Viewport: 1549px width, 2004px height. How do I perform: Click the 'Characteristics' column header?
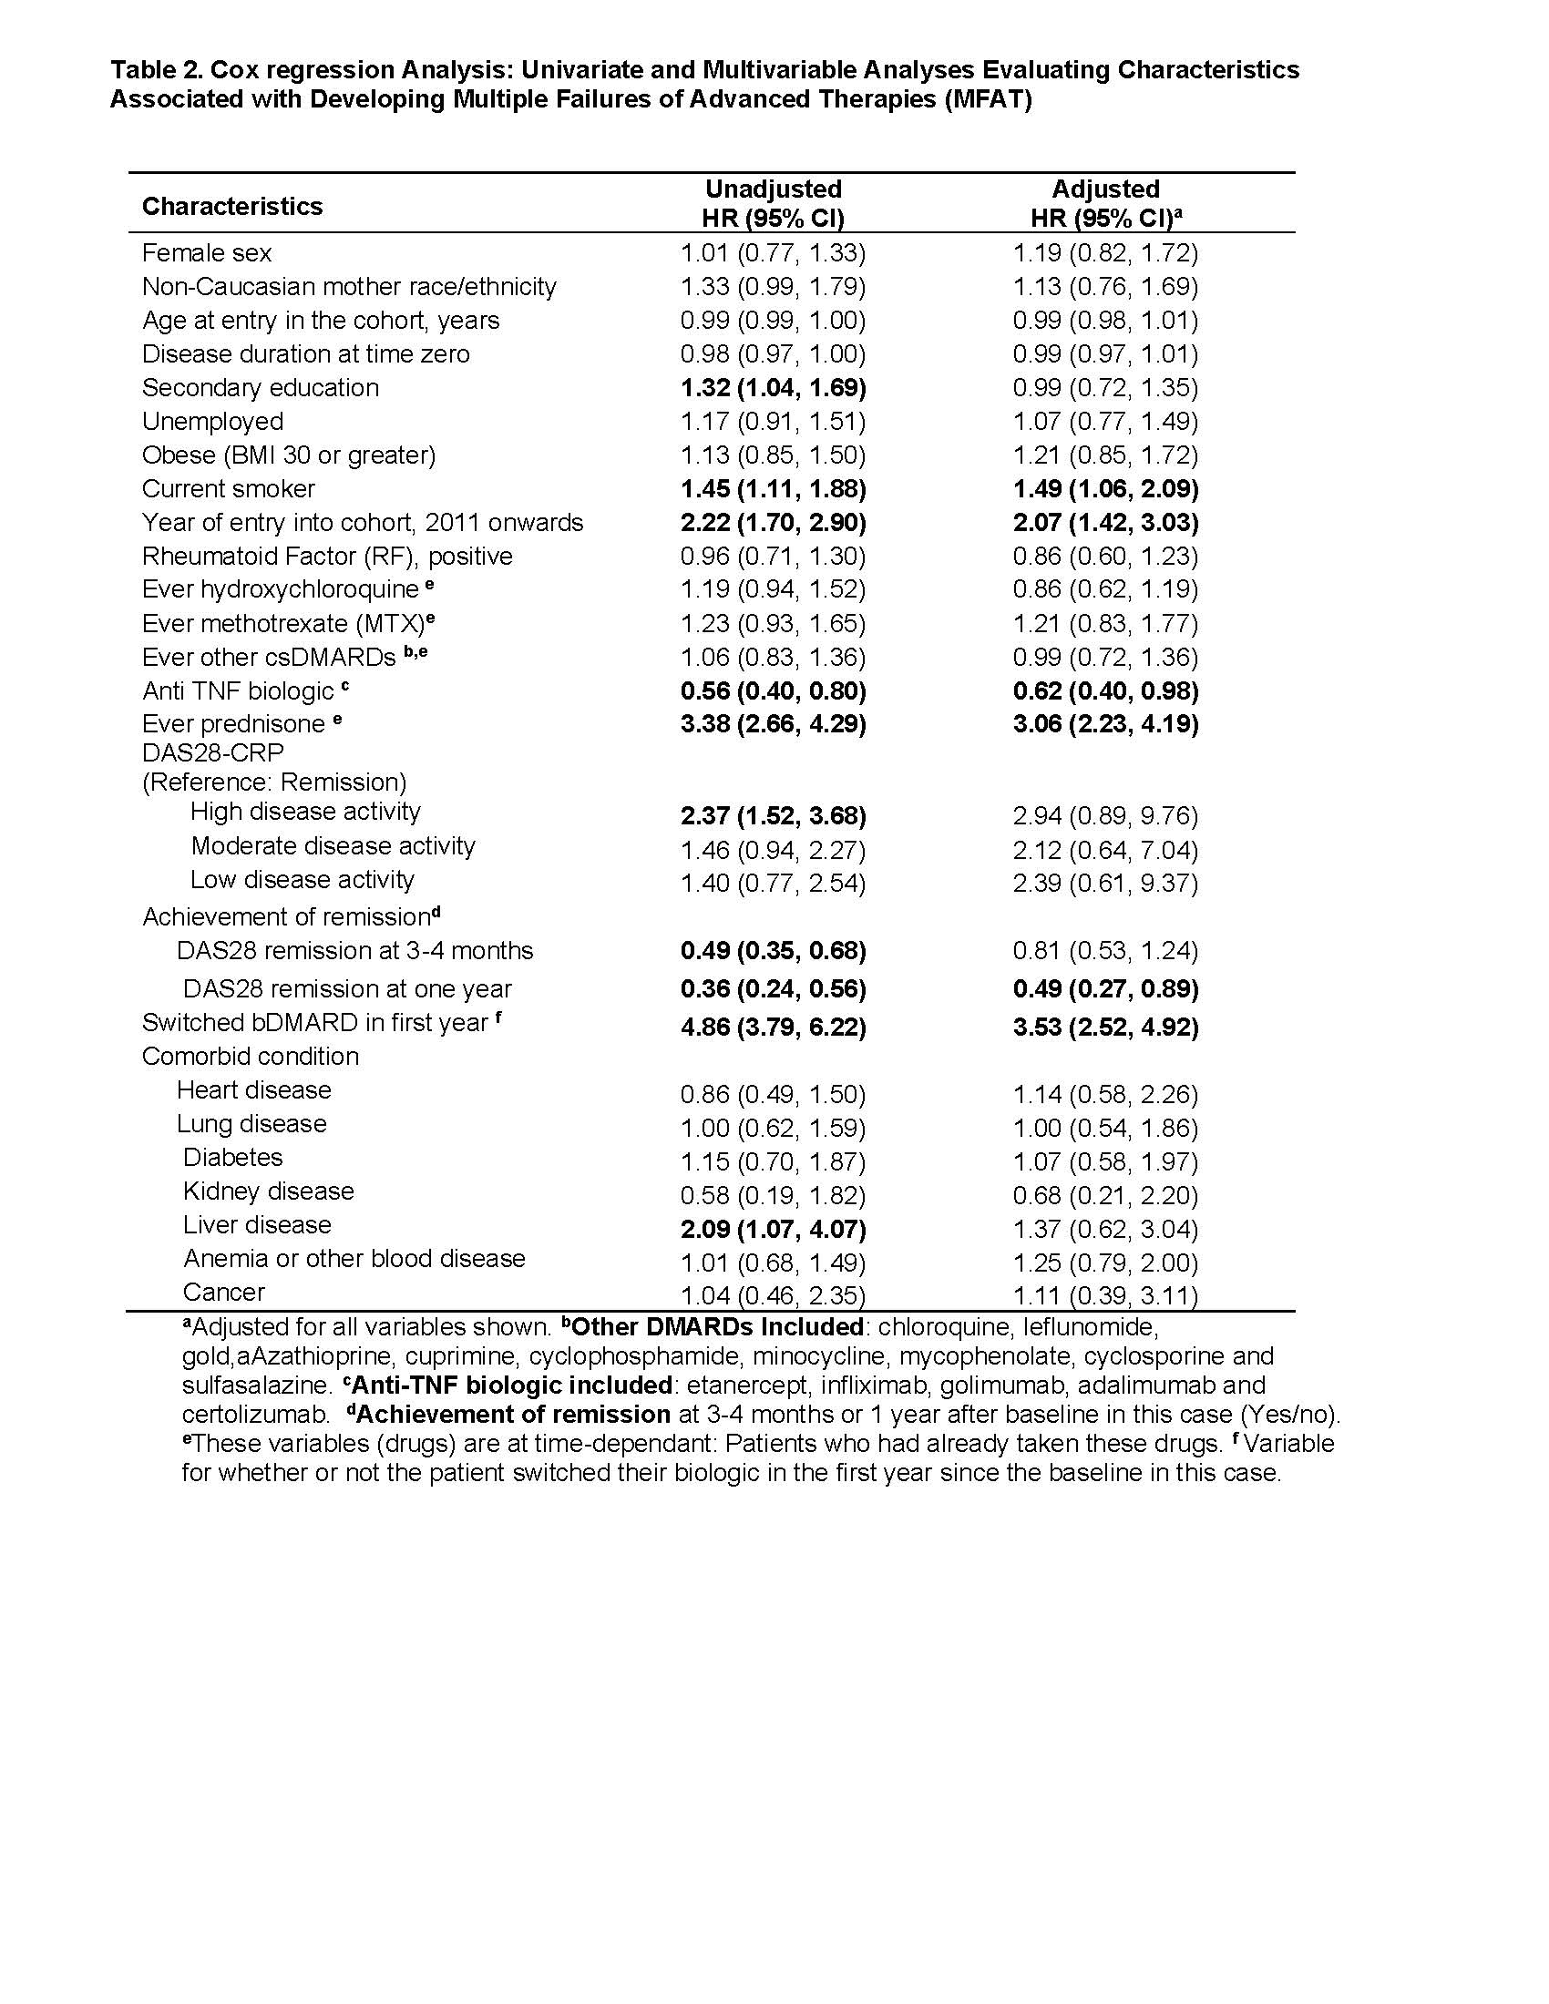pos(232,207)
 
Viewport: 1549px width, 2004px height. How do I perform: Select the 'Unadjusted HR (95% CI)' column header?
pos(773,203)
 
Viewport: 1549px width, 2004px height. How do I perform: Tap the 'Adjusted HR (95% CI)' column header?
pos(1105,203)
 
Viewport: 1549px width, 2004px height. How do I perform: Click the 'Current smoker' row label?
pos(229,489)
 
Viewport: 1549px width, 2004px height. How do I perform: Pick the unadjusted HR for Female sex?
pos(773,253)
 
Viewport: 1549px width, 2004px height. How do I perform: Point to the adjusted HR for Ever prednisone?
pos(1105,724)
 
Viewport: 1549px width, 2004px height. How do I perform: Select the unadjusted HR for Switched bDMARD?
pos(773,1027)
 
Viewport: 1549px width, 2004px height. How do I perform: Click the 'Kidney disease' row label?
pos(268,1191)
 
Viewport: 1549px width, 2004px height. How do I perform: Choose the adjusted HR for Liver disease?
pos(1105,1230)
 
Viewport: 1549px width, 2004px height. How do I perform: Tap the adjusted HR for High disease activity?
pos(1105,816)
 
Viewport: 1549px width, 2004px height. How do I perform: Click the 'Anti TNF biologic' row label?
pos(239,691)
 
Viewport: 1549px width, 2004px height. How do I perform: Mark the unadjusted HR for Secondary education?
pos(773,388)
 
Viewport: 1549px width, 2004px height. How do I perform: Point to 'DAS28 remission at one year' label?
pos(347,989)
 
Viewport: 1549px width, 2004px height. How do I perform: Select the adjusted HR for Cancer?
pos(1105,1295)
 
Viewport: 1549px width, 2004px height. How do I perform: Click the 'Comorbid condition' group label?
pos(251,1056)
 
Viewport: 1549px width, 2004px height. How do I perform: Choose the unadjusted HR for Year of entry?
pos(773,523)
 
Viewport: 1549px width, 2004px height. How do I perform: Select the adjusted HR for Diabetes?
pos(1105,1161)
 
